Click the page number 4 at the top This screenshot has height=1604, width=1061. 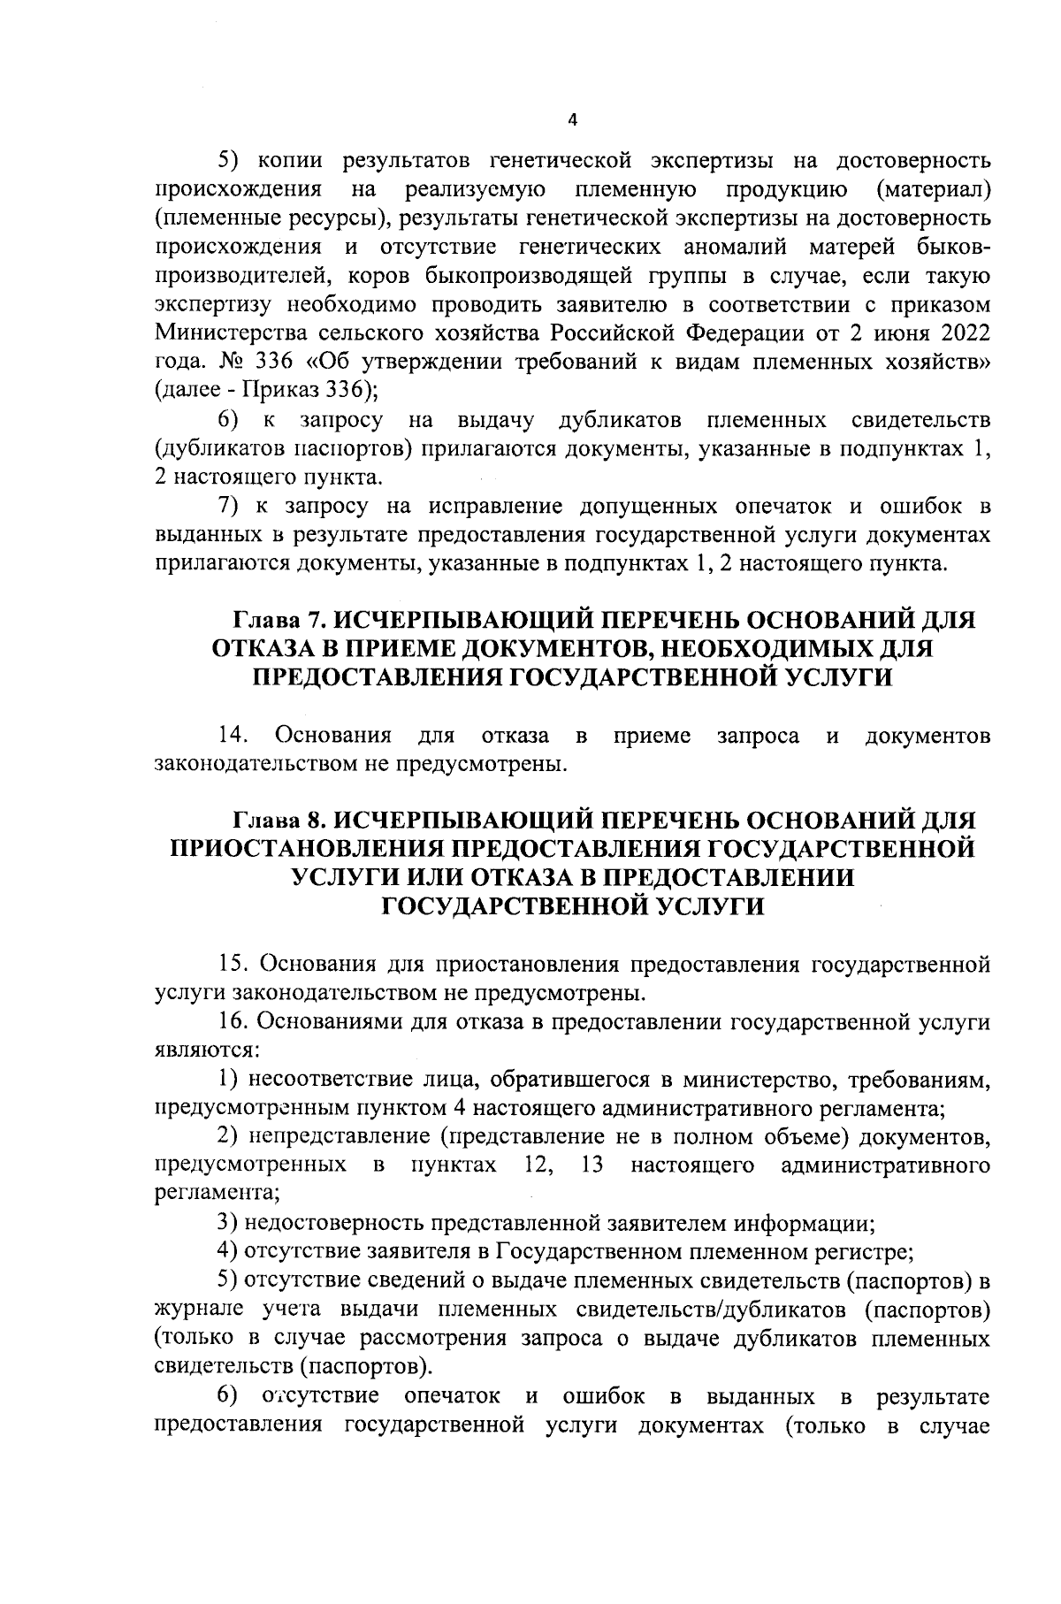(572, 121)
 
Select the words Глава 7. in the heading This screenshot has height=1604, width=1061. (278, 621)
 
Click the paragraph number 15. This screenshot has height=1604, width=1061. (234, 963)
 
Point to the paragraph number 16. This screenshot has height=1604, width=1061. (234, 1021)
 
